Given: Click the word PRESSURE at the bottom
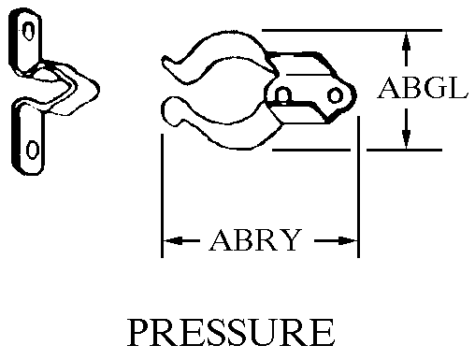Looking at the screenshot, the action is click(x=231, y=333).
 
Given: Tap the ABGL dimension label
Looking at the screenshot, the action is click(x=423, y=88).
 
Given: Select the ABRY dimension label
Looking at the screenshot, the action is click(x=255, y=240).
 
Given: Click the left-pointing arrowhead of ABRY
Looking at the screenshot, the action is click(x=173, y=240).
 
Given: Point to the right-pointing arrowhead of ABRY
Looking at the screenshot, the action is click(x=348, y=240).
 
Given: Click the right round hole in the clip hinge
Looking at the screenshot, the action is click(x=335, y=95).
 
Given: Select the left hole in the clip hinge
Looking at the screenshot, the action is click(x=283, y=94).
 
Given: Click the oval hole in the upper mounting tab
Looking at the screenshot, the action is click(x=29, y=31).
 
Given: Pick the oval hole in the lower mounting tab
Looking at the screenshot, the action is click(x=33, y=150).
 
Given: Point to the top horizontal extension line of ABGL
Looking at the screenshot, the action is click(x=352, y=30).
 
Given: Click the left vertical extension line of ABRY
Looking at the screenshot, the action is click(x=162, y=195).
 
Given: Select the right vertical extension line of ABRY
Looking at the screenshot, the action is click(x=358, y=187).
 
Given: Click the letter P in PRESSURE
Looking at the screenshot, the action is click(x=138, y=333).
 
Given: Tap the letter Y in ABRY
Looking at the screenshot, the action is click(x=290, y=240).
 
